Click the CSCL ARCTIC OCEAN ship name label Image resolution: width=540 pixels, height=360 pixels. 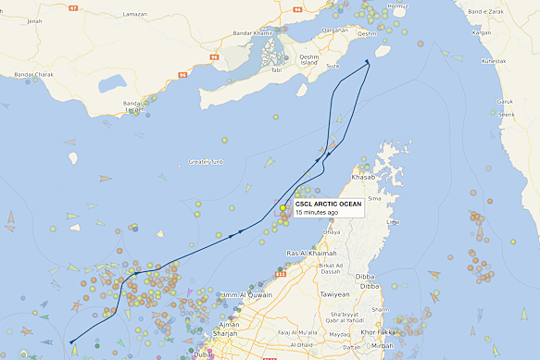329,204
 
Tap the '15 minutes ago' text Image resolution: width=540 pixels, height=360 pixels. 316,213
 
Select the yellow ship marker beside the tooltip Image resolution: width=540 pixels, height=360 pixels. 283,208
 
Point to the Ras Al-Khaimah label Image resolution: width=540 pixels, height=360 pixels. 310,254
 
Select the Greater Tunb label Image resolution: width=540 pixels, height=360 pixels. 207,162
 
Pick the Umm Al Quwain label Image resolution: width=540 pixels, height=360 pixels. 245,295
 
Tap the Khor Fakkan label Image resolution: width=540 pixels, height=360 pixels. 381,331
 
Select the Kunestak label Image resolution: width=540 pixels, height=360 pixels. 495,61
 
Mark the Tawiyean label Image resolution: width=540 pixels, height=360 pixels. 334,294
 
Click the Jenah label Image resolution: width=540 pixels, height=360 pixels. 34,20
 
